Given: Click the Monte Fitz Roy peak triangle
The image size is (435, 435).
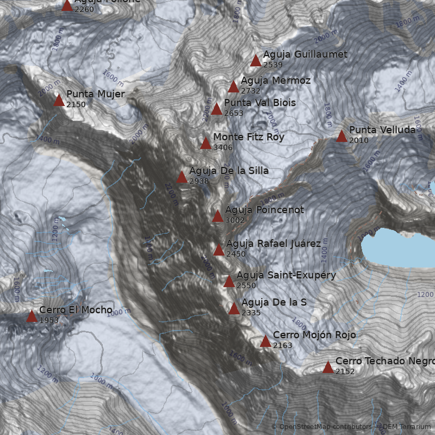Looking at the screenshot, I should click(x=206, y=144).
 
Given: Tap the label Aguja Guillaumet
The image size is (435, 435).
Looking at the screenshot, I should click(x=304, y=54).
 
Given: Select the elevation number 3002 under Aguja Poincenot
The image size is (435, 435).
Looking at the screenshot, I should click(x=235, y=220).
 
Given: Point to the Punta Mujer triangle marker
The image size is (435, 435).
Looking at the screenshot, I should click(x=59, y=101).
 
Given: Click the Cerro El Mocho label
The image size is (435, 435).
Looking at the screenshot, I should click(x=76, y=310).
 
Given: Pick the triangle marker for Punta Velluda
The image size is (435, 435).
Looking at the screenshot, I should click(x=341, y=136).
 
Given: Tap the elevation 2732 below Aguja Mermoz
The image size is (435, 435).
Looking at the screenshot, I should click(x=251, y=91).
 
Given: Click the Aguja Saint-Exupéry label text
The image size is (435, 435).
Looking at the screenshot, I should click(x=286, y=275).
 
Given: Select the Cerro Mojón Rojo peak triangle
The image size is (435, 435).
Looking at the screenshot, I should click(x=265, y=341).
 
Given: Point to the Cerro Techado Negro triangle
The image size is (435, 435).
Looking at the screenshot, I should click(x=328, y=368).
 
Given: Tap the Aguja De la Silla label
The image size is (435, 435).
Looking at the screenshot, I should click(x=228, y=171).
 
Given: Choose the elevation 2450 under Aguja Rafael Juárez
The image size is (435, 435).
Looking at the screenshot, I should click(x=236, y=254).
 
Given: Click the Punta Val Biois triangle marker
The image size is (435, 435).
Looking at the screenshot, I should click(x=216, y=109).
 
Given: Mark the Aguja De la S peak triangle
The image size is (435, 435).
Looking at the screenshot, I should click(x=234, y=309).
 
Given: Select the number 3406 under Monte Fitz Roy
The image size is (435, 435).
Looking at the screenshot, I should click(x=223, y=147).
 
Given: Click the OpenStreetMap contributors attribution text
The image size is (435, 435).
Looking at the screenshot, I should click(x=325, y=427).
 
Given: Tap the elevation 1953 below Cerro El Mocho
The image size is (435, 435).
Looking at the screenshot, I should click(x=49, y=320).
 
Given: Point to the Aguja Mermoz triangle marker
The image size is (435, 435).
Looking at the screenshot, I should click(x=233, y=87).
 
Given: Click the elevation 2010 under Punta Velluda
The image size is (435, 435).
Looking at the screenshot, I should click(x=359, y=140).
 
